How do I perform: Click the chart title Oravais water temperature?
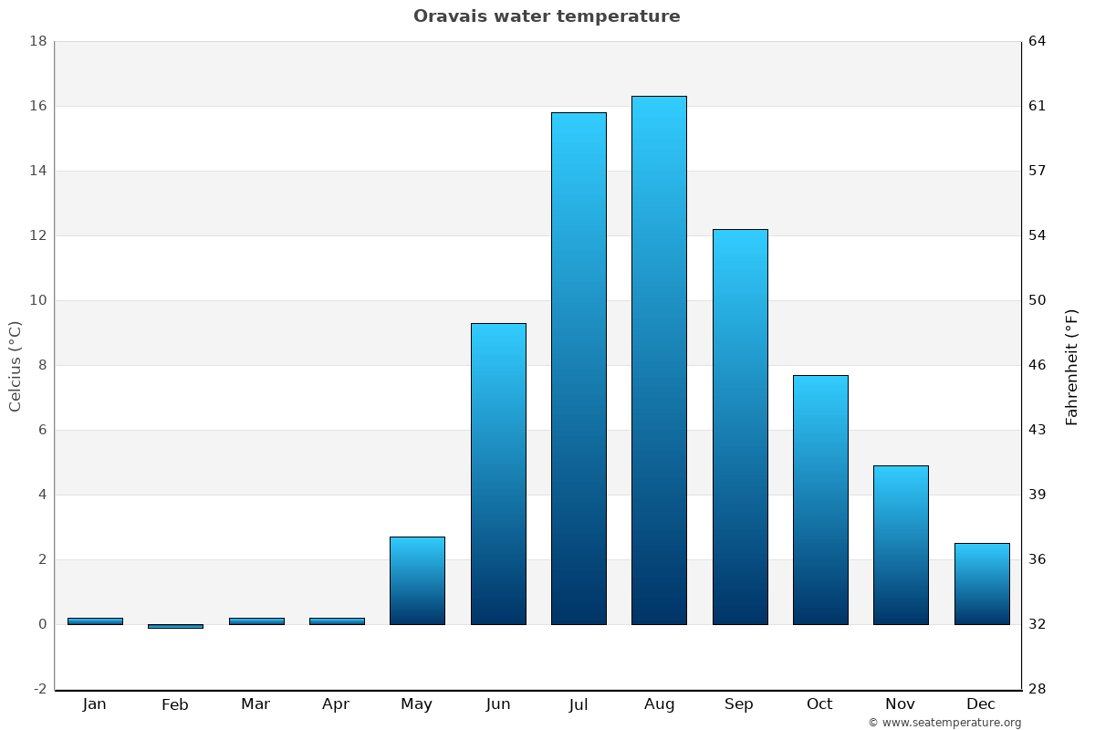[x=547, y=16]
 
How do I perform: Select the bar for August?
[x=659, y=360]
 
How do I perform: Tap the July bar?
[x=579, y=369]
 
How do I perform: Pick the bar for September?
[x=740, y=427]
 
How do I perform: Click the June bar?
[x=498, y=474]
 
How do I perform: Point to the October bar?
[x=820, y=500]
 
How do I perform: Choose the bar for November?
[x=901, y=545]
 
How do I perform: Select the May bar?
[x=417, y=580]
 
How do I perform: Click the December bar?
[x=982, y=584]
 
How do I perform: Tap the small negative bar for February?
[x=175, y=626]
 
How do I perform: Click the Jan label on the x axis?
[x=94, y=704]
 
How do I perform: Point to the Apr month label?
[x=336, y=704]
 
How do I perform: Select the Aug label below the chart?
[x=659, y=704]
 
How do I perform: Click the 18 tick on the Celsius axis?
[x=38, y=41]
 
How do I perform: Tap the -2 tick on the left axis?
[x=40, y=689]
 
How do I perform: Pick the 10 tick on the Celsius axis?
[x=38, y=300]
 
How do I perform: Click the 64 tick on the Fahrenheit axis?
[x=1038, y=41]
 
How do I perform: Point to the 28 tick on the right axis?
[x=1038, y=689]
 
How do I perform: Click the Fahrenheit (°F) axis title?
[x=1072, y=367]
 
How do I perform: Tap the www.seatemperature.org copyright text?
[x=944, y=723]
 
